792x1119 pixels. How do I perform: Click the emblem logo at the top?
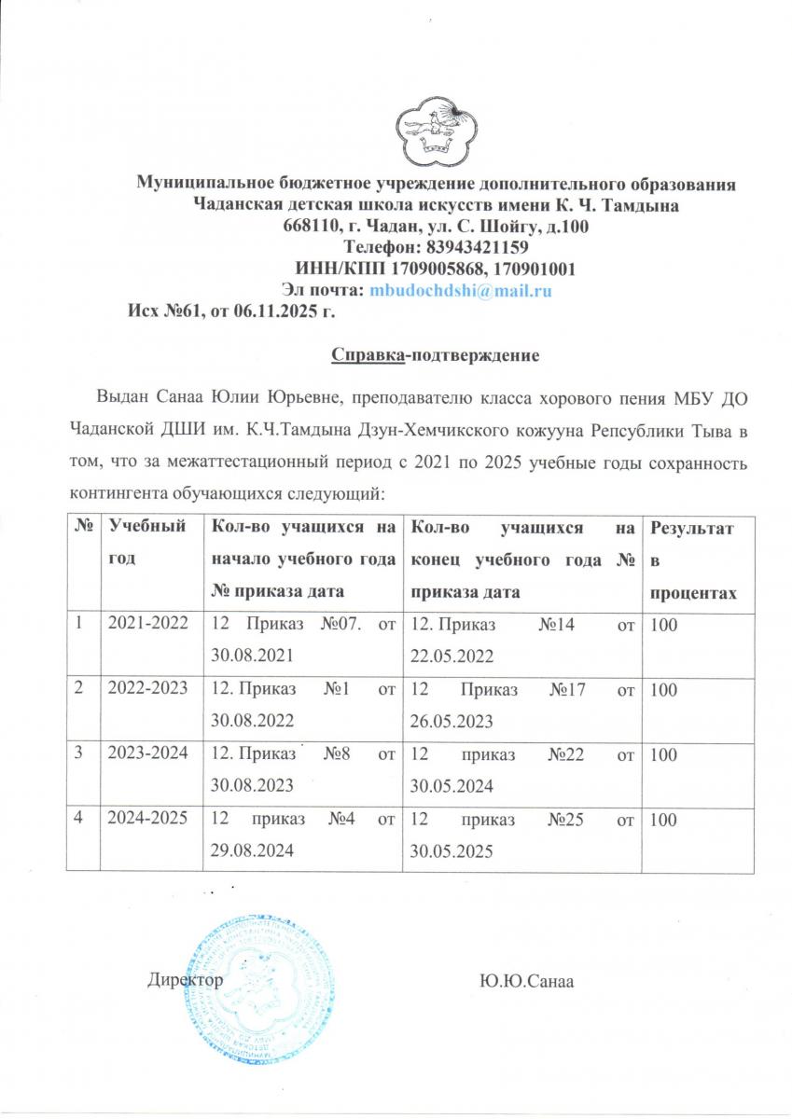point(436,129)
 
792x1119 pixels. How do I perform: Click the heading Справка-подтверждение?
point(436,355)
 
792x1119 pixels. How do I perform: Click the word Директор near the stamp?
point(185,980)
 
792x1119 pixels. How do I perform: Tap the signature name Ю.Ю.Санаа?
point(525,981)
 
